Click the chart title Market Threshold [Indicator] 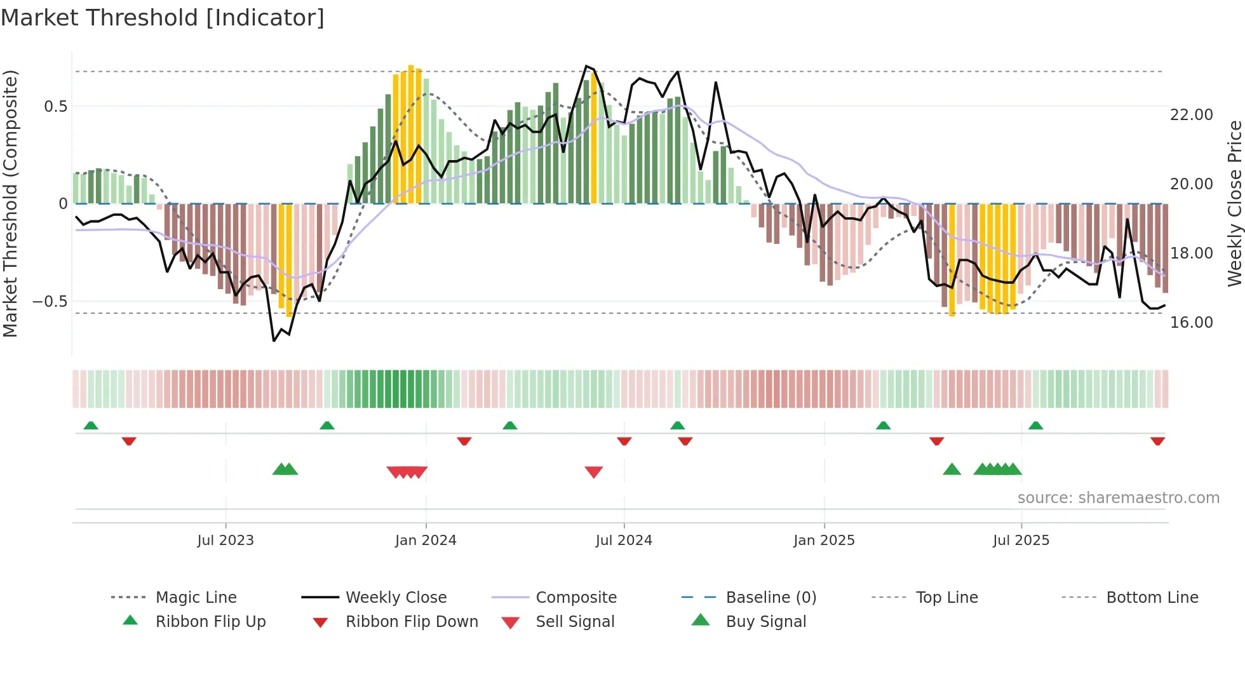tap(163, 18)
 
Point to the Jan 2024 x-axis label tap(426, 541)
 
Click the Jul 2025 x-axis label tap(1021, 541)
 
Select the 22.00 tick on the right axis tap(1191, 115)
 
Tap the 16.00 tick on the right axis tap(1191, 323)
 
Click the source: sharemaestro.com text tap(1118, 498)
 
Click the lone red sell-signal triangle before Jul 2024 tap(594, 472)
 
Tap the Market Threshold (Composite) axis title tap(10, 203)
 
